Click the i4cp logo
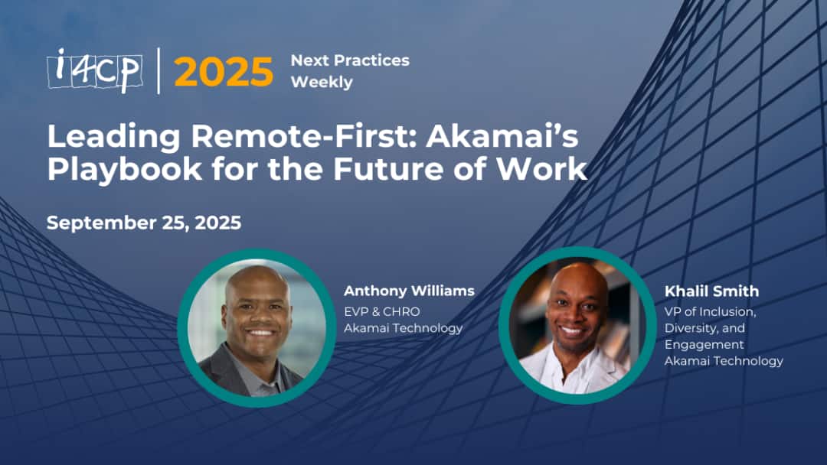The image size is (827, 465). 94,70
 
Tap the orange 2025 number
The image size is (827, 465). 224,72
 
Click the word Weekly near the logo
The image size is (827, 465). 322,83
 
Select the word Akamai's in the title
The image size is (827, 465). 502,135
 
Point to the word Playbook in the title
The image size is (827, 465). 125,169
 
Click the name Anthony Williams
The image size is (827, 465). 409,291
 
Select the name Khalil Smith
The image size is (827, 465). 711,291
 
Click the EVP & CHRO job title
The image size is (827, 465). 382,312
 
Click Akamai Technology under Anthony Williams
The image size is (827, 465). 403,329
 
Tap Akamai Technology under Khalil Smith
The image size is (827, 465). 724,361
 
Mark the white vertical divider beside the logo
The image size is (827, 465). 159,70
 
